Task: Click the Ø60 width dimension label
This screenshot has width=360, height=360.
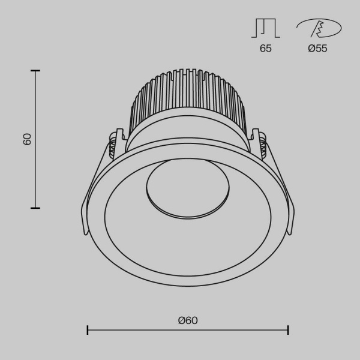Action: tap(188, 320)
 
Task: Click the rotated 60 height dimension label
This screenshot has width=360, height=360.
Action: tap(27, 139)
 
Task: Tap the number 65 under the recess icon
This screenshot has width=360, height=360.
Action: tap(265, 49)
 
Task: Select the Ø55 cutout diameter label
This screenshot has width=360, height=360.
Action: tap(317, 49)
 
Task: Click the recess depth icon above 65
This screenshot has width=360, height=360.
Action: tap(265, 28)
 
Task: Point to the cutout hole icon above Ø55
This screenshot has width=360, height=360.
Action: tap(318, 28)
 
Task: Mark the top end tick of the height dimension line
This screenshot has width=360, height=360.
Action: tap(35, 71)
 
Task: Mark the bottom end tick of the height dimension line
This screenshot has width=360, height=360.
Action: tap(35, 208)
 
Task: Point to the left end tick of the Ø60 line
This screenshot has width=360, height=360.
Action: tap(88, 330)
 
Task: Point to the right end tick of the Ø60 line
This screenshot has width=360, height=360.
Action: tap(289, 330)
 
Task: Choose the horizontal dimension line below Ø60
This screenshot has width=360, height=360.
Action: tap(188, 330)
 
